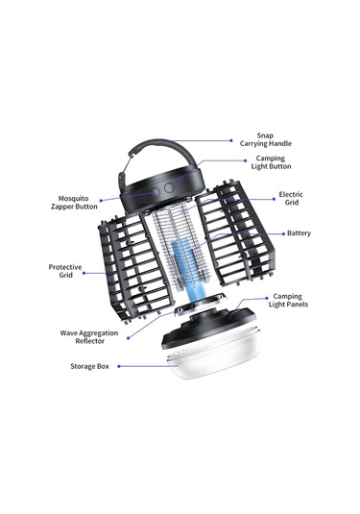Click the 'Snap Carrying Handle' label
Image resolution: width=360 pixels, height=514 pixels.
[x=265, y=139]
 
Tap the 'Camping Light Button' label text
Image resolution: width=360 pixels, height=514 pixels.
[x=271, y=162]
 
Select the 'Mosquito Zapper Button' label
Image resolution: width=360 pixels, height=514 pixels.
[x=74, y=203]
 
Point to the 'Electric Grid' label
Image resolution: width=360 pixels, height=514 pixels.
[x=291, y=198]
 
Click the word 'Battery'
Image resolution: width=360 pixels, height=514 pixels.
[x=299, y=233]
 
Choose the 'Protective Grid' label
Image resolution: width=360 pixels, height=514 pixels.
[x=65, y=271]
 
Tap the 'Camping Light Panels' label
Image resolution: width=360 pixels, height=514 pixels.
[x=288, y=301]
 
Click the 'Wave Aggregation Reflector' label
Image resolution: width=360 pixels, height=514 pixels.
[x=89, y=337]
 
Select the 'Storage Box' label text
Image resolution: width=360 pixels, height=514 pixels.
[x=89, y=366]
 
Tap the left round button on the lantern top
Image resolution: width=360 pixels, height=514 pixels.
[x=156, y=192]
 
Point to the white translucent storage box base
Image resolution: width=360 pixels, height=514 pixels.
[x=214, y=357]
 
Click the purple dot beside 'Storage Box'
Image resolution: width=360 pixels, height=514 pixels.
[x=119, y=366]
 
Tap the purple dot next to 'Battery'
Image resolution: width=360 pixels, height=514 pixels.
[x=283, y=233]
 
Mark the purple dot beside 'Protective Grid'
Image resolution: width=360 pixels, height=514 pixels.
[x=84, y=273]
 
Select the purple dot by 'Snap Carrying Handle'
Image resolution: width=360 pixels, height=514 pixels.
[x=231, y=140]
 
